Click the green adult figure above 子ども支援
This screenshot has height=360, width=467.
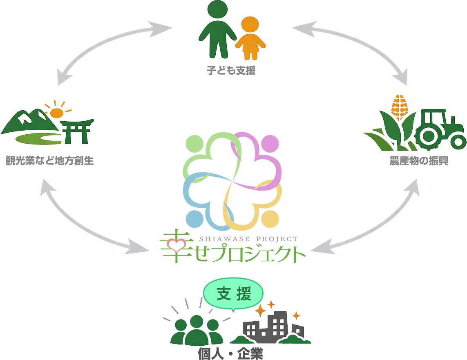(217, 29)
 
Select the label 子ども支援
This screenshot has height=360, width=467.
(231, 70)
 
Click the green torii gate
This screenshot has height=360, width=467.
(76, 131)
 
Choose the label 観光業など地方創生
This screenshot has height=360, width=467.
(49, 160)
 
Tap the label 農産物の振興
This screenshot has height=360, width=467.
(419, 161)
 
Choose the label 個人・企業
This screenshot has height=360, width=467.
(230, 353)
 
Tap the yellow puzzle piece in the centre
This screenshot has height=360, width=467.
(253, 208)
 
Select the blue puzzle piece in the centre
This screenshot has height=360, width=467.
(200, 196)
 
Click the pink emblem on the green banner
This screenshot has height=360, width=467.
(176, 244)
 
